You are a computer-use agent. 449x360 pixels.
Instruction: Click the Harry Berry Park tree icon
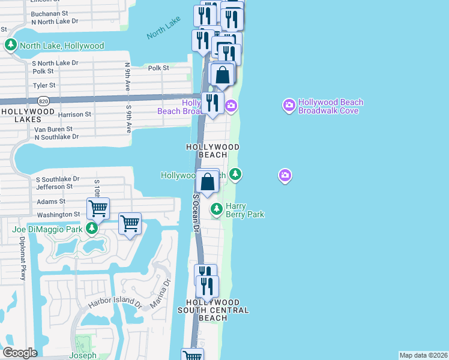click(x=217, y=209)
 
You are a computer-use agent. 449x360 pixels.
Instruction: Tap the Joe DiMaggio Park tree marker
click(x=91, y=228)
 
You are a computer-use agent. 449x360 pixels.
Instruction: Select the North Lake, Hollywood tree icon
click(x=10, y=45)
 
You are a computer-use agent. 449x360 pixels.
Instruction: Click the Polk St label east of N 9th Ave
click(x=158, y=68)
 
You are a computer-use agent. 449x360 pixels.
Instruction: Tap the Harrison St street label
click(x=74, y=114)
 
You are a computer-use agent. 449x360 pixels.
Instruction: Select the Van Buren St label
click(x=53, y=129)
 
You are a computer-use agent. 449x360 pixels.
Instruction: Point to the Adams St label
click(x=51, y=202)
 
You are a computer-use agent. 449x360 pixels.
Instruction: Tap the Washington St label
click(x=58, y=214)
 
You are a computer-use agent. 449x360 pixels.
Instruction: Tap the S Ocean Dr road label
click(x=196, y=212)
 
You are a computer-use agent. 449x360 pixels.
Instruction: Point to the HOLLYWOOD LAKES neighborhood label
click(x=28, y=116)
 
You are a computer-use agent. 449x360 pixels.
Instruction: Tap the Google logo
click(x=20, y=353)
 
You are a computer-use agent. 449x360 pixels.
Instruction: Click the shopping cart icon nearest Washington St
click(x=98, y=209)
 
